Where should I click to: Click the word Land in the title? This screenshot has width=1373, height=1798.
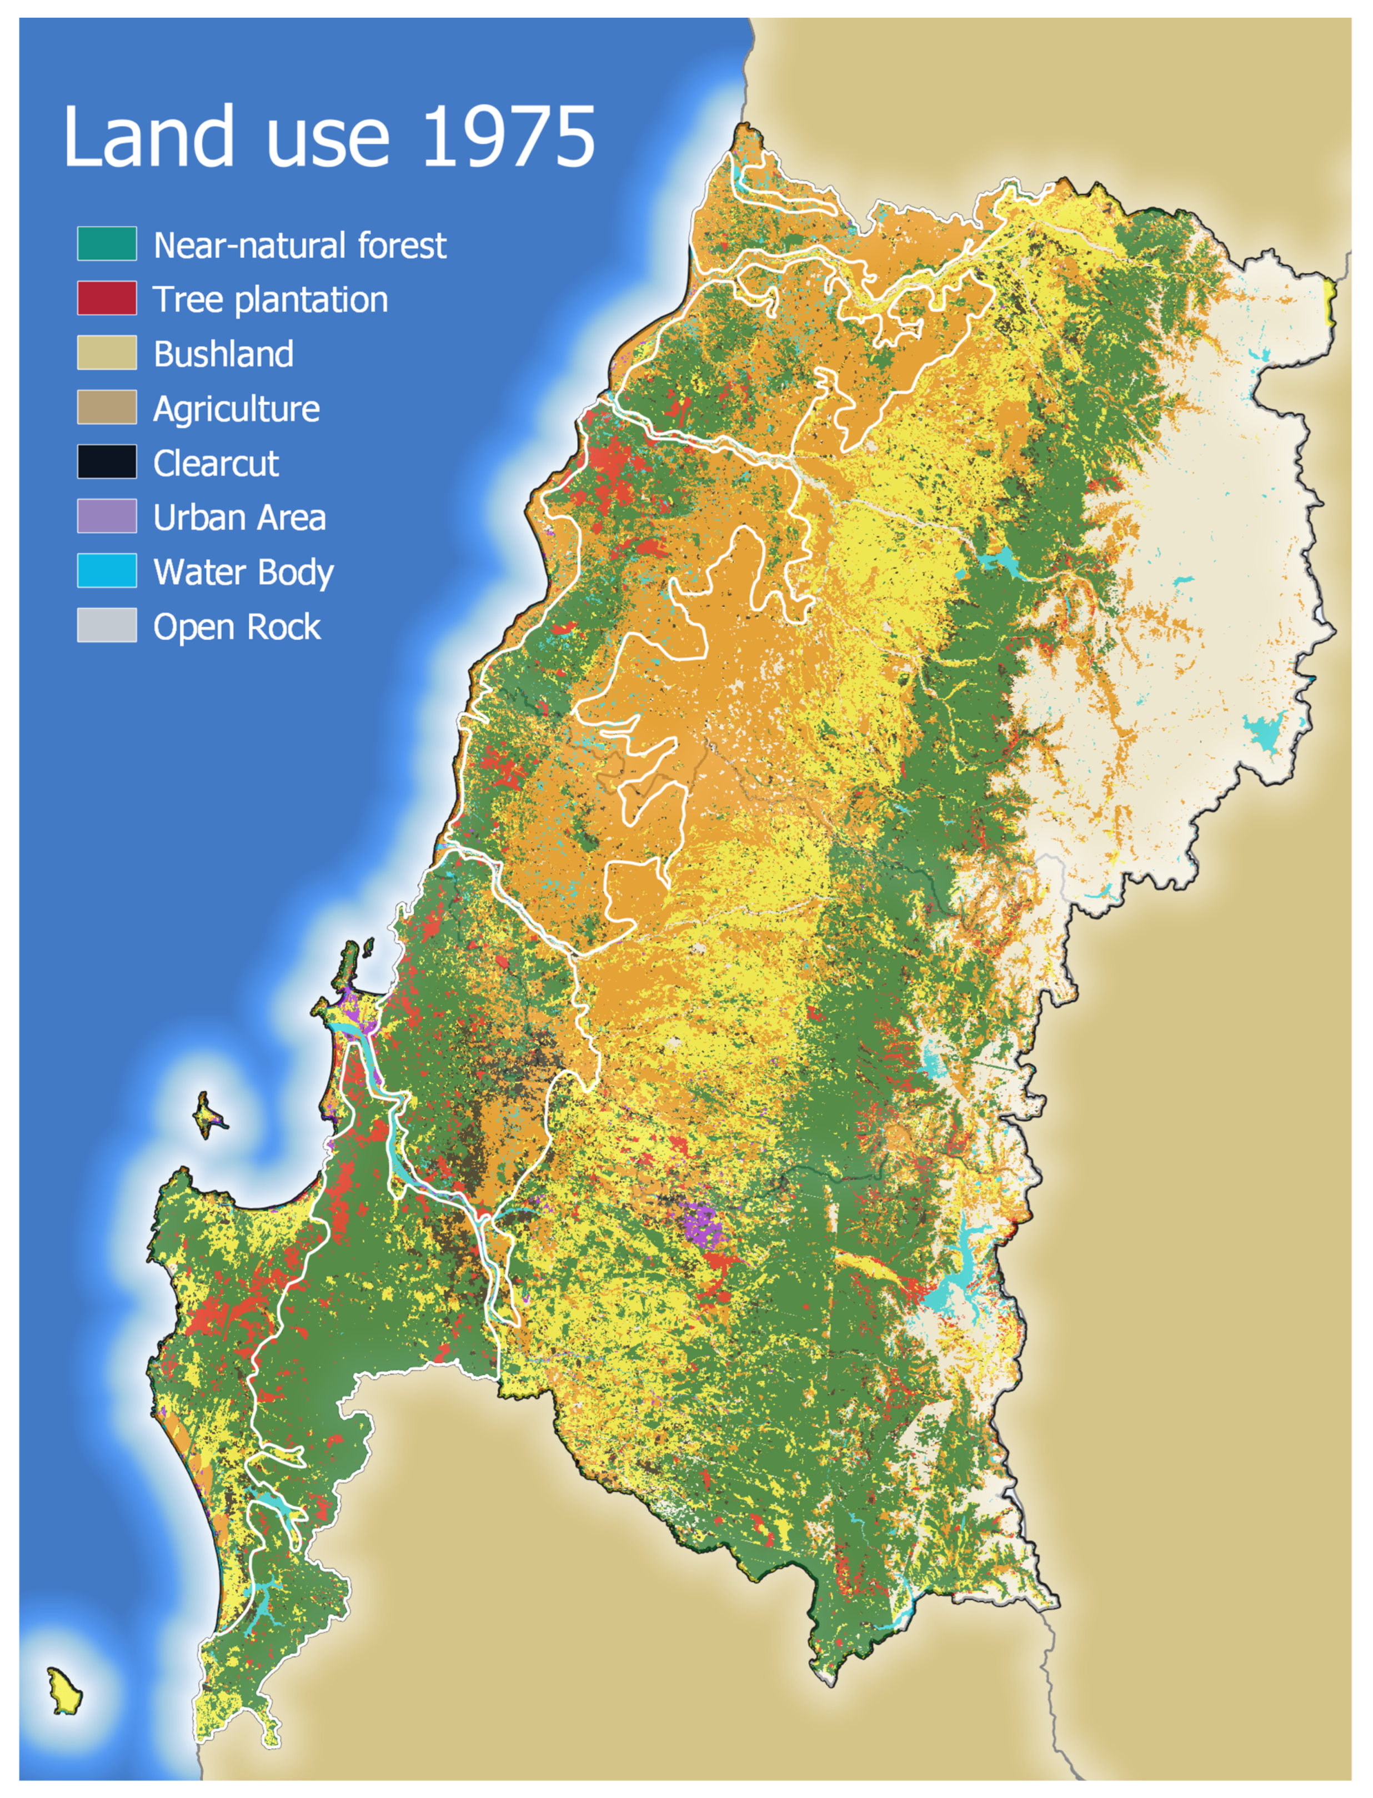tap(149, 137)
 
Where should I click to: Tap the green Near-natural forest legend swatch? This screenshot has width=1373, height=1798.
tap(107, 244)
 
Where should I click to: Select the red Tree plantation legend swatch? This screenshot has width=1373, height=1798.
tap(107, 298)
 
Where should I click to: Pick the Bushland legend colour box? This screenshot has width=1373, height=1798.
tap(107, 353)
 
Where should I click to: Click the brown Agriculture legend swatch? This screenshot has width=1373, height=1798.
tap(107, 408)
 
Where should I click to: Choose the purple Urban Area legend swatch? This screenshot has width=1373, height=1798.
tap(107, 516)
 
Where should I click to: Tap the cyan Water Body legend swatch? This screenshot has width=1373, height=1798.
tap(107, 571)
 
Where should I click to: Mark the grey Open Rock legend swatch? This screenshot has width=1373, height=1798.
tap(107, 626)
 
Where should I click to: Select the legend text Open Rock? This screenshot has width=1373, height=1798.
tap(237, 626)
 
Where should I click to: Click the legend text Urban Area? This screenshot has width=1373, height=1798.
tap(239, 517)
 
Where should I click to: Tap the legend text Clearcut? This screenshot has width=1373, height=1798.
tap(216, 463)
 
